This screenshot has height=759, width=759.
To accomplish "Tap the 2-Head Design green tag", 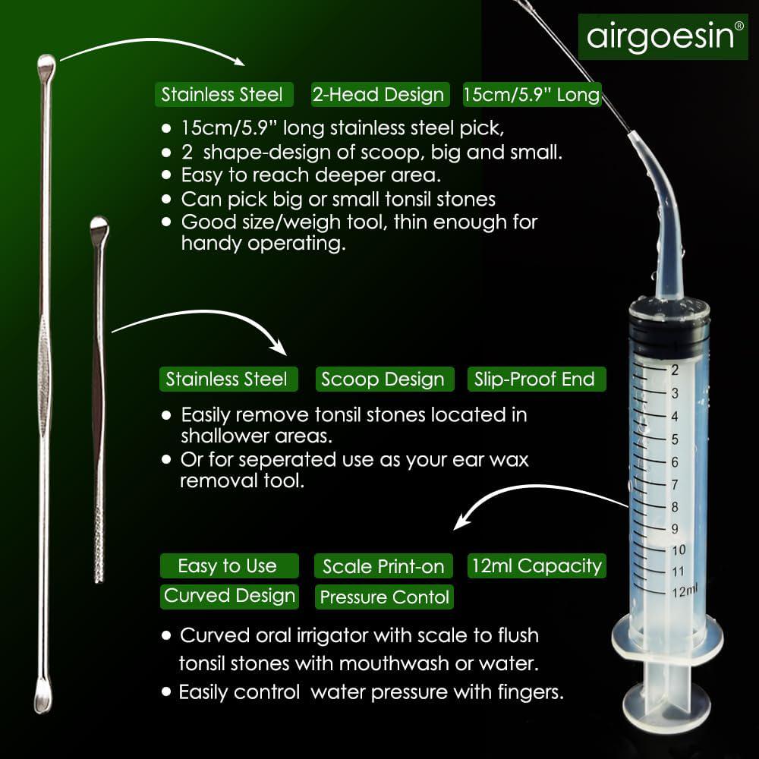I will [x=378, y=94].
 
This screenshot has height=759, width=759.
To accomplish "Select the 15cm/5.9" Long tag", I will [x=531, y=94].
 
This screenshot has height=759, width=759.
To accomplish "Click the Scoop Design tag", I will [x=383, y=379].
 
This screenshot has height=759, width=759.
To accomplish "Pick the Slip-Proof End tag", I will [x=534, y=379].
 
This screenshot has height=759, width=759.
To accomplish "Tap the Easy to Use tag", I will [x=227, y=566].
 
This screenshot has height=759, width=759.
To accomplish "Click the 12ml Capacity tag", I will [x=536, y=565].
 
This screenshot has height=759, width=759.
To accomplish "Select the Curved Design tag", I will [x=229, y=596].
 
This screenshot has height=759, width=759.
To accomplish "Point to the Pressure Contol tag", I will [x=385, y=597].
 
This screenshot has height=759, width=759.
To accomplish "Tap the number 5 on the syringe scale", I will [x=674, y=439].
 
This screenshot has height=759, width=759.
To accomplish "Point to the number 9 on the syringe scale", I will [x=674, y=528].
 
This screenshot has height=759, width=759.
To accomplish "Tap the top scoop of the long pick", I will [x=47, y=65].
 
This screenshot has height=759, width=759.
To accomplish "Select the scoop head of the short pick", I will [x=99, y=228].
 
